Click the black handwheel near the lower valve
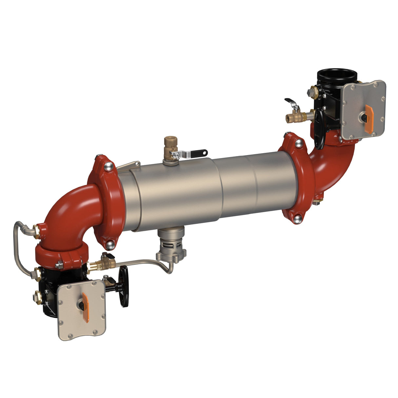(124, 286)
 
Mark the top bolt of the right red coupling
(299, 143)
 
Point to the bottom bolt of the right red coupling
(297, 219)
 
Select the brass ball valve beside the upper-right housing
(297, 116)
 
